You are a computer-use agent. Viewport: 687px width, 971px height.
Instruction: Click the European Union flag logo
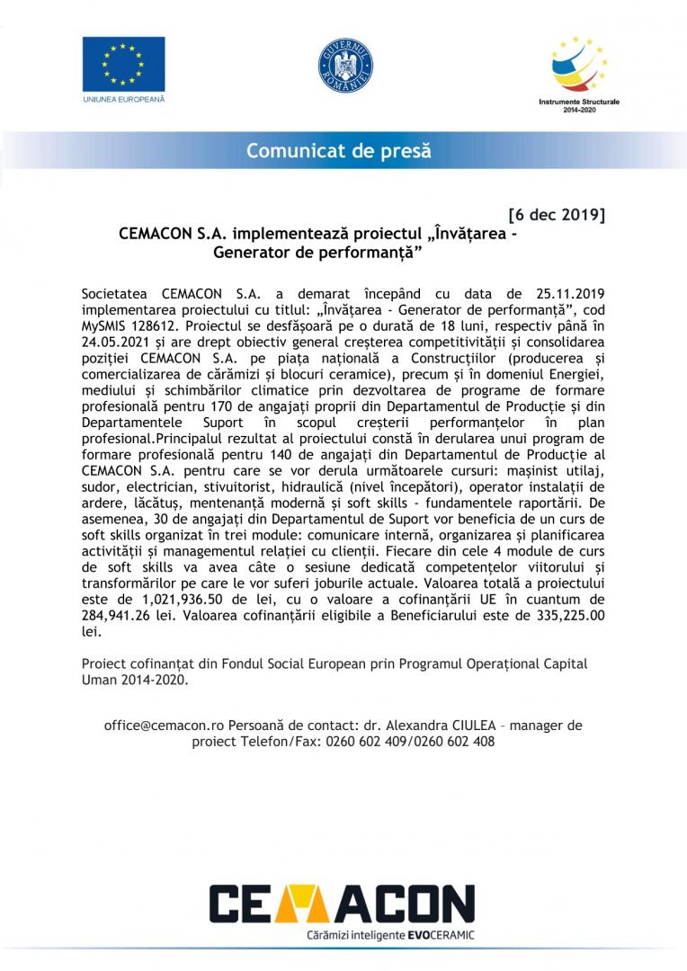123,64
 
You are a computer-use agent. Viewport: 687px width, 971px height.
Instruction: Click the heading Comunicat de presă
339,150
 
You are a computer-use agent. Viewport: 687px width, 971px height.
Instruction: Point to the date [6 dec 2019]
557,216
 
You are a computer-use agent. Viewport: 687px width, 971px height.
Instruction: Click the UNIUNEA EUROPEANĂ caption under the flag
123,98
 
